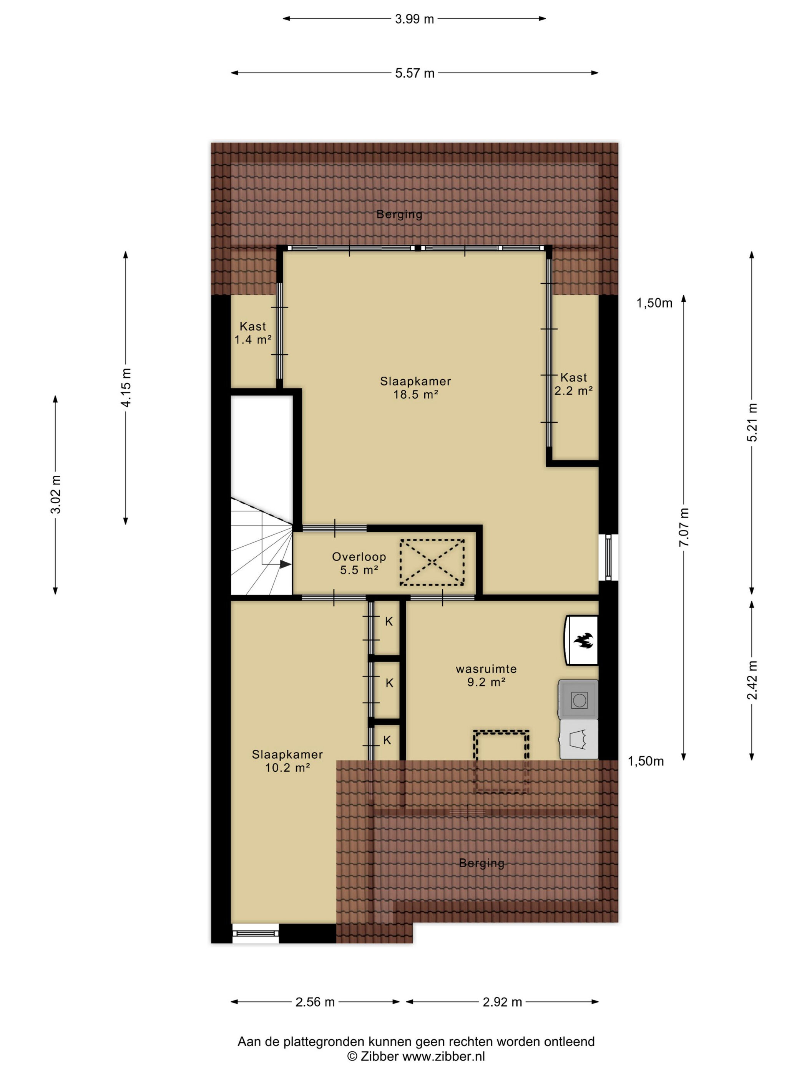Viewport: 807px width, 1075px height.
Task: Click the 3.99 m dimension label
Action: click(x=414, y=19)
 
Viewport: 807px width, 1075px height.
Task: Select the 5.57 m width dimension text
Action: click(x=414, y=73)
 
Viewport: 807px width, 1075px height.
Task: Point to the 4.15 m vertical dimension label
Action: click(x=126, y=388)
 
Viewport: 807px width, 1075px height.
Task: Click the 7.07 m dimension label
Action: click(x=684, y=527)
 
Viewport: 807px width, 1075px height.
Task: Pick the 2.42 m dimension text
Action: click(x=752, y=680)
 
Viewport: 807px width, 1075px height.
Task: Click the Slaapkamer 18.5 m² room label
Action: click(x=415, y=388)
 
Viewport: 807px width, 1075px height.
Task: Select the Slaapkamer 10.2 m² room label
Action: click(x=287, y=761)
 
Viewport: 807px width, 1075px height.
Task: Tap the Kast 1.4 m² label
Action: click(x=253, y=333)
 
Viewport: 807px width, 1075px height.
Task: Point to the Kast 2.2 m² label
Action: click(x=573, y=384)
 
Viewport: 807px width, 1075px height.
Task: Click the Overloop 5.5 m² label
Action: click(x=359, y=563)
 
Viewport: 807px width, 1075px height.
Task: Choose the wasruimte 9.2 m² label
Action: click(x=486, y=675)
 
